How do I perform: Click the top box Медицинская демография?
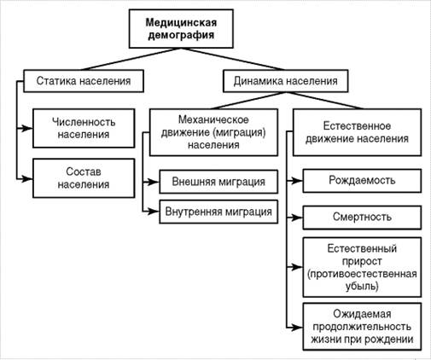[181, 28]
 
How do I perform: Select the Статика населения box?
[84, 81]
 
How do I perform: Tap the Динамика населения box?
[285, 81]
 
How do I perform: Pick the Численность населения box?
[84, 128]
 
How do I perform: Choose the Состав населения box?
[84, 178]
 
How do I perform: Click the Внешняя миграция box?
[218, 182]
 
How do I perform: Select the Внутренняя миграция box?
[218, 212]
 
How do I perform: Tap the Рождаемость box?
[362, 181]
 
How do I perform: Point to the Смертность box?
[362, 218]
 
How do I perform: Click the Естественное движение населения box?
[357, 132]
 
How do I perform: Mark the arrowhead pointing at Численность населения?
[27, 129]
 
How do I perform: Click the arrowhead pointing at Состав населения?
[27, 179]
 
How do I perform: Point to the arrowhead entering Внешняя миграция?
[154, 182]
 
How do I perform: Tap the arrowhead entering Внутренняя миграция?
[154, 212]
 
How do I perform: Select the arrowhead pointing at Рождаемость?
[297, 181]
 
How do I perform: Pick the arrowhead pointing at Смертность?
[297, 218]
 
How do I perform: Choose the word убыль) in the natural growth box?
[362, 286]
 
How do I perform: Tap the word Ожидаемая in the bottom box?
[362, 314]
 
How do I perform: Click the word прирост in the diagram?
[362, 261]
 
